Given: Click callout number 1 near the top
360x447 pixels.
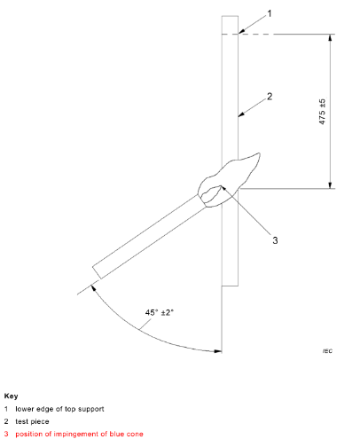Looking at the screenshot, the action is pos(269,13).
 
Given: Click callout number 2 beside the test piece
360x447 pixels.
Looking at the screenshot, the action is pos(270,97).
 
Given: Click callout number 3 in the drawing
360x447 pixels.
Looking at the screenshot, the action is pos(275,240).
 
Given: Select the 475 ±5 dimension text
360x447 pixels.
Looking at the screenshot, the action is pos(322,112).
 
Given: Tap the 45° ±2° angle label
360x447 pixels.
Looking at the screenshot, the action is pos(159,312).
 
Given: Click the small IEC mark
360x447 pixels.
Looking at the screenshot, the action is pos(327,351).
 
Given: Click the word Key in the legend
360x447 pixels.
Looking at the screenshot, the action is pos(11,396).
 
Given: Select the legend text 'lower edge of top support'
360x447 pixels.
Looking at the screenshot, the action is pos(59,409).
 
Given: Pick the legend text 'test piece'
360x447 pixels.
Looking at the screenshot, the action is pos(32,421).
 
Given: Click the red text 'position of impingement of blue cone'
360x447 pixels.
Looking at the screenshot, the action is pos(79,434).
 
